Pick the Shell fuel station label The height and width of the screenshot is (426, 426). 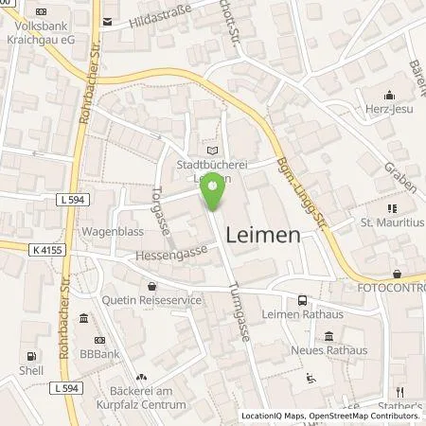tap(31, 370)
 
